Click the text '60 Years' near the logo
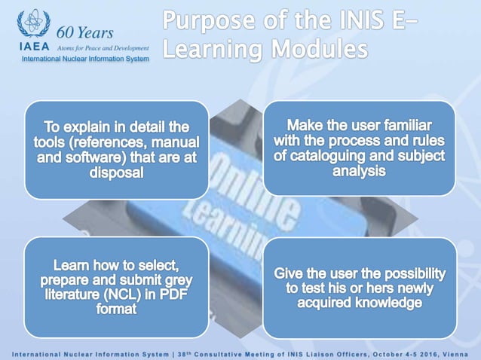[85, 32]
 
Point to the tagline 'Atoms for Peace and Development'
[103, 47]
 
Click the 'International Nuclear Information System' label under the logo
[85, 59]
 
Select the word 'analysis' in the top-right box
[359, 171]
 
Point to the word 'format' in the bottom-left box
[116, 310]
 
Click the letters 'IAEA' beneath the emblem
[32, 47]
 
